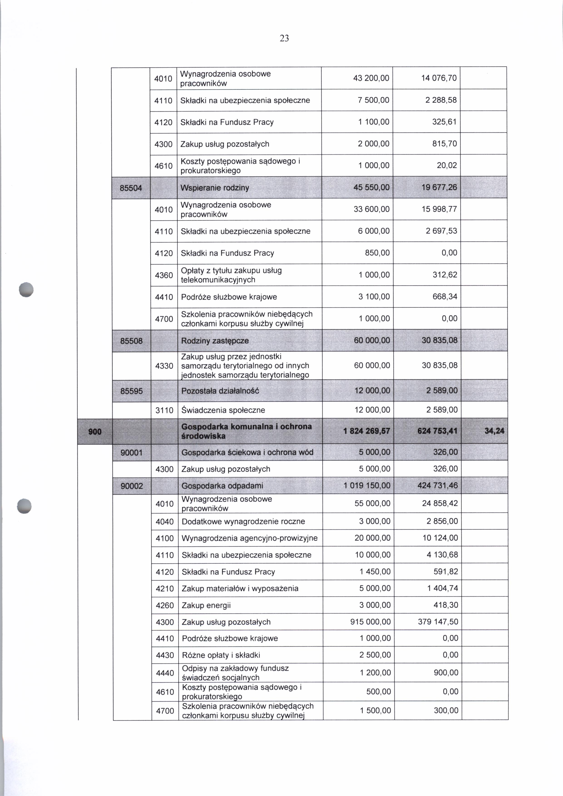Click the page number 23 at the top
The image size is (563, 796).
point(284,39)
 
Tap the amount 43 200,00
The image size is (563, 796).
point(371,78)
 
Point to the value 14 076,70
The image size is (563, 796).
point(439,78)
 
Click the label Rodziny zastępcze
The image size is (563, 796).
point(215,341)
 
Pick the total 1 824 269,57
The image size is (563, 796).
point(367,431)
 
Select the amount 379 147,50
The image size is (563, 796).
point(438,622)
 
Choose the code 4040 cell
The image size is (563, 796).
point(165,521)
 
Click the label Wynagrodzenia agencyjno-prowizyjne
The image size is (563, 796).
point(249,538)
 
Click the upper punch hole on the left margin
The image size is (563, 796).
point(26,289)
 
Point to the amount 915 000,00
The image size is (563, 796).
point(370,622)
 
